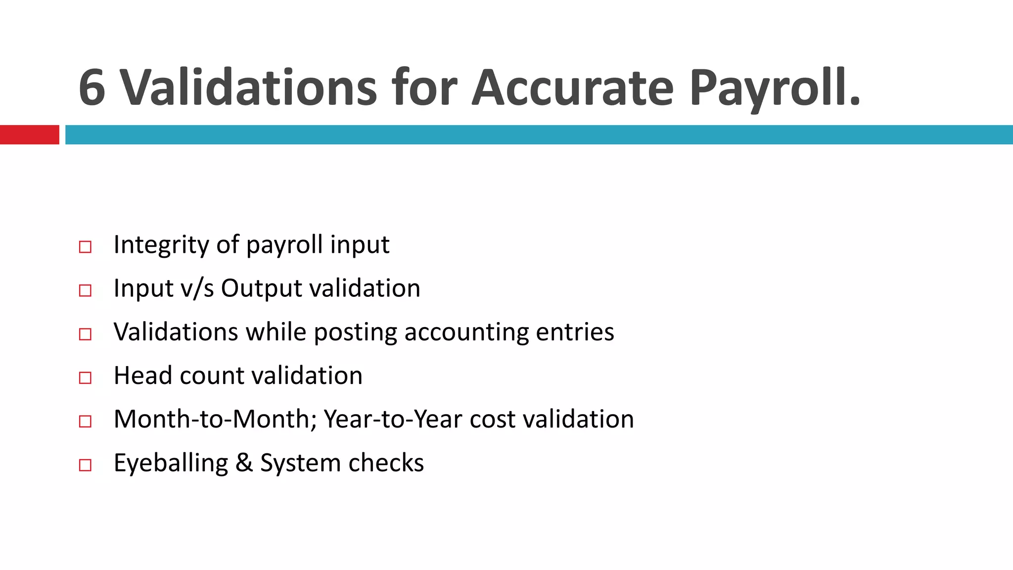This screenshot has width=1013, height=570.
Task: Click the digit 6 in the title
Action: [92, 88]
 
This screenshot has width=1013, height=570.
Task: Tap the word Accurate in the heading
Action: [572, 88]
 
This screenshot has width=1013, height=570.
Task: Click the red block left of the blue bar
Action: [29, 135]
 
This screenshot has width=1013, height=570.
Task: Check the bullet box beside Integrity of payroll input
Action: [85, 247]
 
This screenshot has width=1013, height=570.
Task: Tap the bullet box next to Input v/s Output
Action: [85, 290]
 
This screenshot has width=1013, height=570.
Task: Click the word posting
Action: [355, 332]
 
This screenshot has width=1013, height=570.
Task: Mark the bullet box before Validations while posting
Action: [85, 334]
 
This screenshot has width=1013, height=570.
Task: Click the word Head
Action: [143, 376]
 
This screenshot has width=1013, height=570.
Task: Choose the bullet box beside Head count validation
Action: [85, 378]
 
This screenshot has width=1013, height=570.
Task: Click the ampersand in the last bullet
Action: [244, 463]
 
